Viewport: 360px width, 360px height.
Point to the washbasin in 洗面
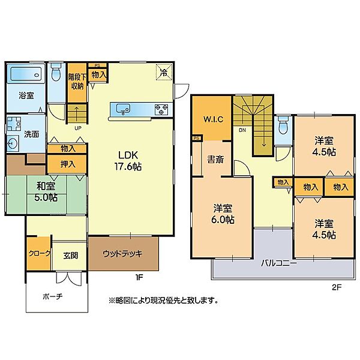(x=13, y=144)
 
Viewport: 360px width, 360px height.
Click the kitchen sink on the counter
(x=125, y=109)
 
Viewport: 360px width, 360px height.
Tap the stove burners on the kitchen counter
(x=161, y=109)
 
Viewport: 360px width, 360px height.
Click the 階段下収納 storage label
(x=76, y=81)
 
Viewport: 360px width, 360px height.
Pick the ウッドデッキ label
(x=122, y=254)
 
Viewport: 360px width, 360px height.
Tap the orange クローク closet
(x=39, y=254)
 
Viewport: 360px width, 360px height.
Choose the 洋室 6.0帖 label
(x=223, y=214)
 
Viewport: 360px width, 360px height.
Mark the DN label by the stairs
(x=242, y=130)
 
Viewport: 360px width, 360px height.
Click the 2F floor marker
(x=335, y=287)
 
